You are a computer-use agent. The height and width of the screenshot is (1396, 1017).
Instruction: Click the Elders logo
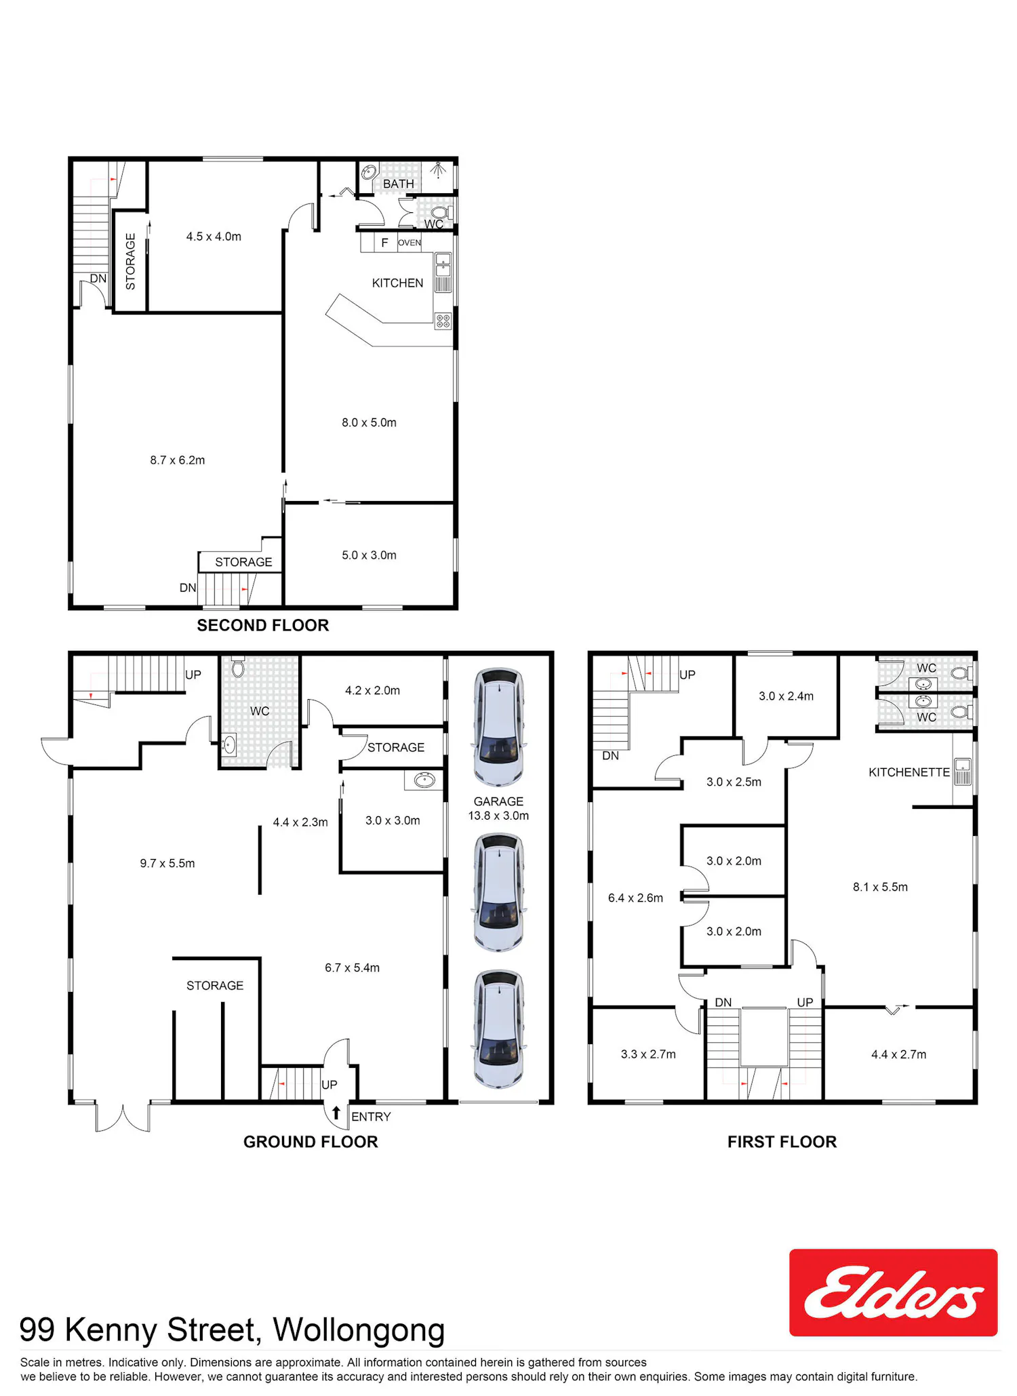(x=893, y=1292)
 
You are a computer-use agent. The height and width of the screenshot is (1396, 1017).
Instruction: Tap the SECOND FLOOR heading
(x=263, y=625)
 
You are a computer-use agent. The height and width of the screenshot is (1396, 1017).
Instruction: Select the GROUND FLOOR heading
(x=311, y=1142)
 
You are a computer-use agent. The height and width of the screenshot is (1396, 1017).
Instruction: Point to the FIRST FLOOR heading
(x=782, y=1142)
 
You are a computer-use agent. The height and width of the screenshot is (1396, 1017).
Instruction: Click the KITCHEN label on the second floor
(x=397, y=283)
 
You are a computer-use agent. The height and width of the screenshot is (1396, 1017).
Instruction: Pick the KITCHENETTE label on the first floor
(x=909, y=772)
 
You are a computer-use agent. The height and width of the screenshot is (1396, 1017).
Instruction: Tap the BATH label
(x=398, y=184)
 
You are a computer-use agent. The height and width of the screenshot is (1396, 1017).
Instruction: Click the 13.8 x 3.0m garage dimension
(x=498, y=816)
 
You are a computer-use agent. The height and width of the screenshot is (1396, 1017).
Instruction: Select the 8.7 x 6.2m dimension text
(x=178, y=460)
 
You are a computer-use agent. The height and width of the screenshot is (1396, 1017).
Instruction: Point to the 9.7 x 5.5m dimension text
(x=167, y=863)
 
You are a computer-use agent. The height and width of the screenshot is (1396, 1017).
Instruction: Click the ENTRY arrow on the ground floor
(x=336, y=1113)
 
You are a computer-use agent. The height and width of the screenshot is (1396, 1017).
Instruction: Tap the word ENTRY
(x=371, y=1117)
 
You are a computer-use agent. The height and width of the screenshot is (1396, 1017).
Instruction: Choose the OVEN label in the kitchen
(x=410, y=243)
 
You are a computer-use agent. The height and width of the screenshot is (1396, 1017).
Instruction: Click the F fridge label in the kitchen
(x=384, y=243)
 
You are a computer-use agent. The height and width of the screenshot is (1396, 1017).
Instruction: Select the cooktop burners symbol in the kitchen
(x=443, y=321)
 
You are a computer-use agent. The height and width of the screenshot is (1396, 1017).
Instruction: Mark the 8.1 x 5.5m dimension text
(x=880, y=887)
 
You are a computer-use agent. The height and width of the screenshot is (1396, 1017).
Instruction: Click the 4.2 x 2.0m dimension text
(x=372, y=690)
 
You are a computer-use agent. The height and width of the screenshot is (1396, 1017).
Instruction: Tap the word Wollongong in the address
(x=359, y=1330)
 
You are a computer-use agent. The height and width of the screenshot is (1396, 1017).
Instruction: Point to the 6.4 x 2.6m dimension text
(x=635, y=898)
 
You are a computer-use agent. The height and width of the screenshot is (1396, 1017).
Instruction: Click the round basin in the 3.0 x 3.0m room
(x=424, y=780)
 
